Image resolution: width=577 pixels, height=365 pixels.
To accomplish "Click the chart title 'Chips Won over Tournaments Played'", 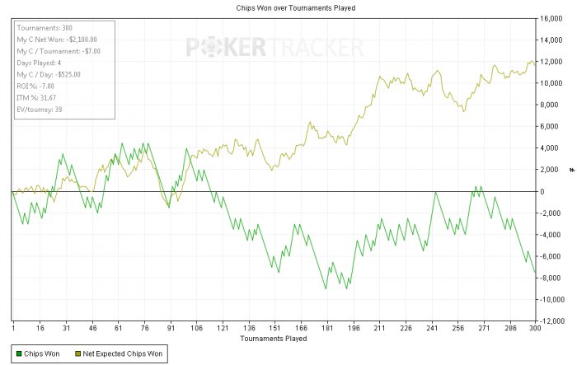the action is tap(295, 7).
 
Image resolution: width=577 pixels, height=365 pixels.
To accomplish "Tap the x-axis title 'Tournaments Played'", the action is tap(274, 338).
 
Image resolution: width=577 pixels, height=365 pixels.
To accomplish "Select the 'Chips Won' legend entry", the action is tap(38, 353).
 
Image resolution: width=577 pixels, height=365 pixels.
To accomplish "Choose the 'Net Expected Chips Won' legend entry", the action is tap(119, 353).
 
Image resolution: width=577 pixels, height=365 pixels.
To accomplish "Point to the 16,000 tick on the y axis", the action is tap(551, 18).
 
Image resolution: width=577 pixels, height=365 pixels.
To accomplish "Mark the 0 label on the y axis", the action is tap(542, 191).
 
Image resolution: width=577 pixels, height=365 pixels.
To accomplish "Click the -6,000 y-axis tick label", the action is tap(550, 256).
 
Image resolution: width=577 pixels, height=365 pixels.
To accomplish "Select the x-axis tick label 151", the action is tap(274, 328).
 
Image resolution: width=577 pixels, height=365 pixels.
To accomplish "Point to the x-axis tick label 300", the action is tap(535, 328).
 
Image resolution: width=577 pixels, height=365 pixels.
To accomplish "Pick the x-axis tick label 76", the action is tap(145, 328).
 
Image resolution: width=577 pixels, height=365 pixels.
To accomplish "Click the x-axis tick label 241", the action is tap(432, 328).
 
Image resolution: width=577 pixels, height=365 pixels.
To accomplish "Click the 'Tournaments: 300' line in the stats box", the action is tap(45, 28).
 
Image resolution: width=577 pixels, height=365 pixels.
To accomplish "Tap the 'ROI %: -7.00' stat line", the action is tap(35, 86).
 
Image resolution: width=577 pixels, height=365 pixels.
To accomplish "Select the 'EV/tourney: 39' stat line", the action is tap(40, 110).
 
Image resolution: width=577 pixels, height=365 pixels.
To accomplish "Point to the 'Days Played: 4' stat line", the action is tap(39, 63).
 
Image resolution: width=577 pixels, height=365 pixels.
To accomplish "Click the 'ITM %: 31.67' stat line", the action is tap(36, 98).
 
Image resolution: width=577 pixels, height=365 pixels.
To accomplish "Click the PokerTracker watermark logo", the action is tap(274, 48).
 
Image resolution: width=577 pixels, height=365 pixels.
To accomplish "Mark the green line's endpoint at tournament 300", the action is tap(535, 273).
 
